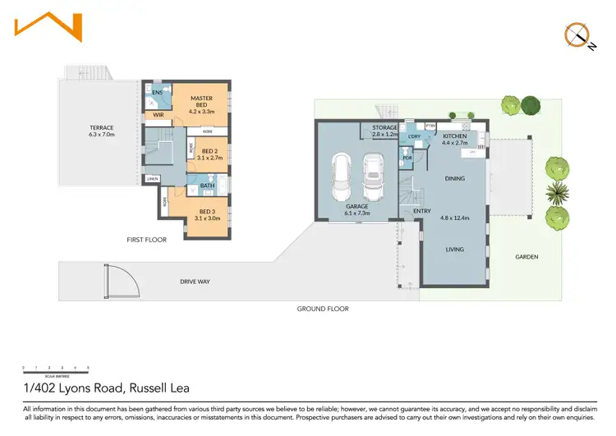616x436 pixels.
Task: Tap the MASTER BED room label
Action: coord(201,102)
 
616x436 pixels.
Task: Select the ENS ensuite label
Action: coord(157,93)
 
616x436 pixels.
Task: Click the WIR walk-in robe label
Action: coord(159,116)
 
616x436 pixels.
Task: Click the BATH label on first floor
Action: coord(207,186)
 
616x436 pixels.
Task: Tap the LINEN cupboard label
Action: coord(153,179)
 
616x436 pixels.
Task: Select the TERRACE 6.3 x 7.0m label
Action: coord(102,131)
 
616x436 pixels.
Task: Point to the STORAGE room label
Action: coord(384,128)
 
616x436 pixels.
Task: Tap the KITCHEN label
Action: coord(454,135)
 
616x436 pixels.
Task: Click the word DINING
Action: coord(454,178)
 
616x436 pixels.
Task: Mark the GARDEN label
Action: coord(526,257)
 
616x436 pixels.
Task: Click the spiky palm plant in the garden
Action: coord(559,193)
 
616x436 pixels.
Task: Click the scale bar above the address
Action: coord(56,368)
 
